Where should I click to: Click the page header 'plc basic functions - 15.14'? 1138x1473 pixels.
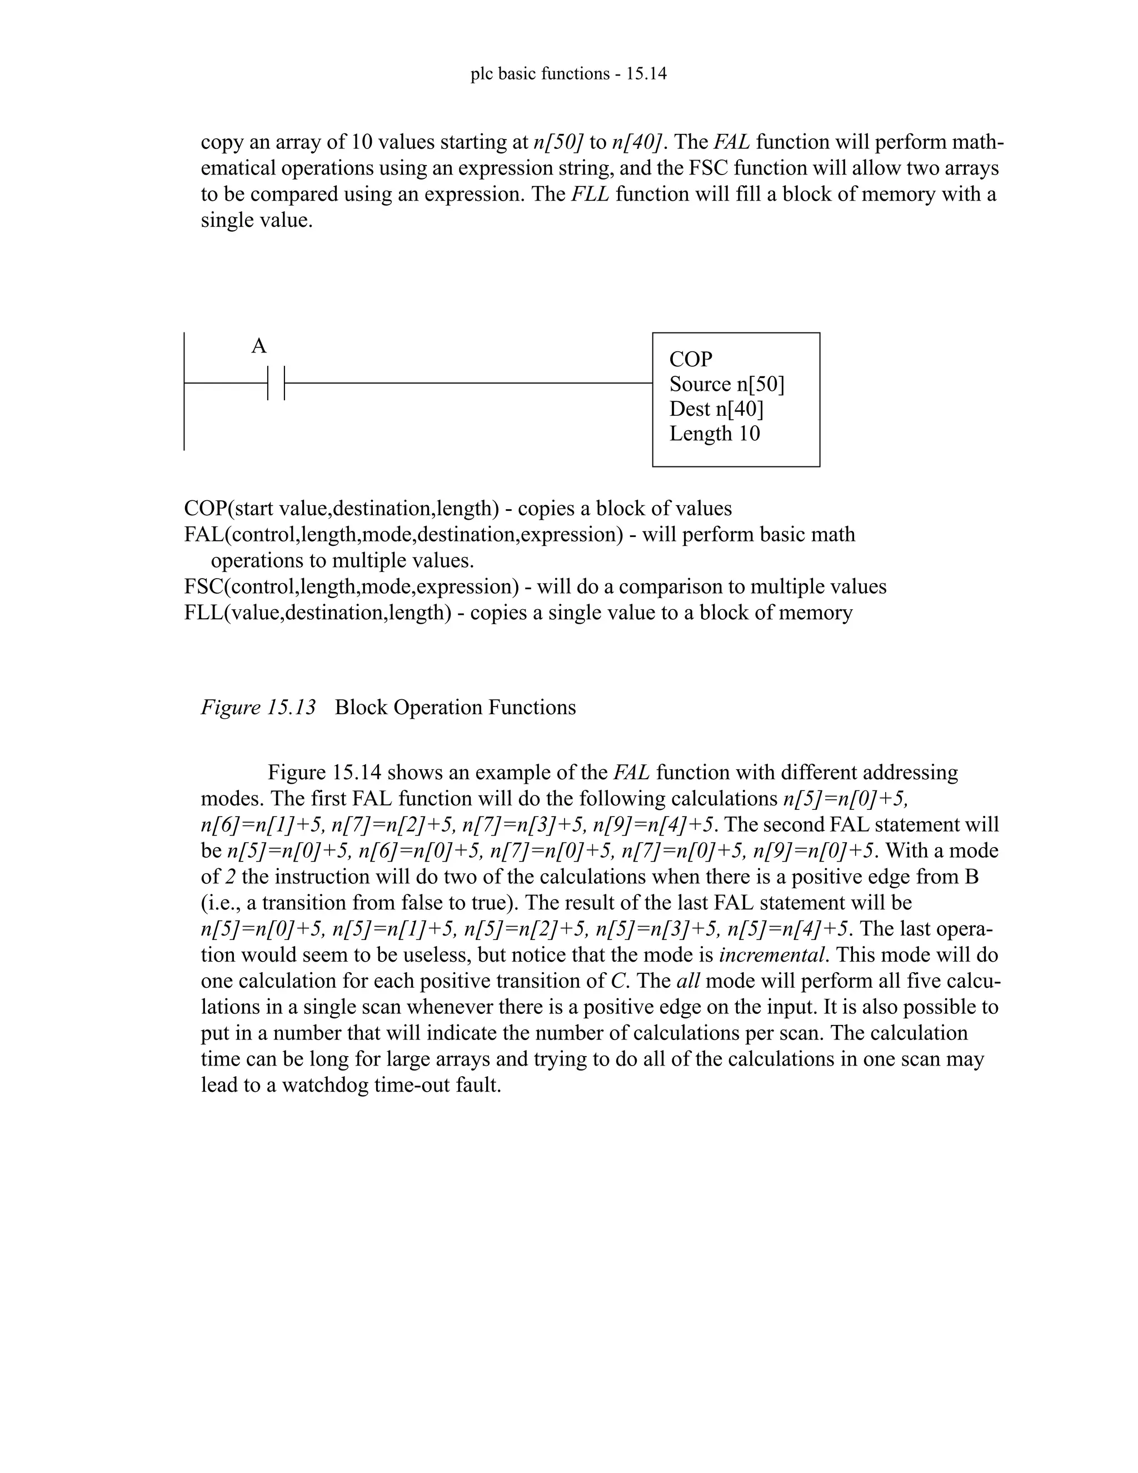tap(568, 73)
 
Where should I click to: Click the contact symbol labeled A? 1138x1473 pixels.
tap(276, 383)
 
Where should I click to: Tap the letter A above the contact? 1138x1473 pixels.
tap(259, 347)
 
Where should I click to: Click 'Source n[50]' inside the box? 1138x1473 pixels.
tap(727, 385)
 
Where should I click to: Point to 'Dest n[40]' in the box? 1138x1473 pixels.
tap(716, 409)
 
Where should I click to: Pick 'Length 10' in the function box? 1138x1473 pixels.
tap(714, 433)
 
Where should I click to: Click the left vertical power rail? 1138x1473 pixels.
tap(184, 391)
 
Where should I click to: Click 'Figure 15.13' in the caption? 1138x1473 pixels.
tap(258, 708)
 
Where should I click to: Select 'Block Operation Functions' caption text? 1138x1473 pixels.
tap(455, 708)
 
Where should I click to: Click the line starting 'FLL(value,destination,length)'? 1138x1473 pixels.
tap(518, 613)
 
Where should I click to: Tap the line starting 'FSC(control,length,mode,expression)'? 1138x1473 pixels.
tap(535, 587)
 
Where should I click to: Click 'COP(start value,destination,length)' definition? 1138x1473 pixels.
tap(458, 509)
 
